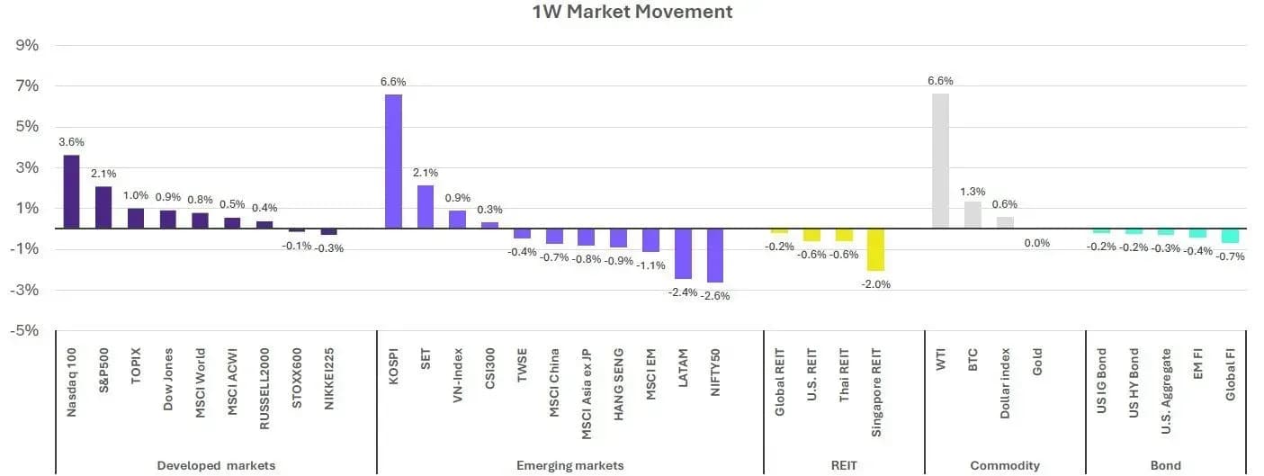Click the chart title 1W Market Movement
coord(632,12)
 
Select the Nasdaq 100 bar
coord(71,192)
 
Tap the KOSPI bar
coord(393,161)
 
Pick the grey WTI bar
coord(940,161)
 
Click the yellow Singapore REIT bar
coord(875,249)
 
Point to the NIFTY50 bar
coord(715,256)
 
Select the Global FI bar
coord(1230,236)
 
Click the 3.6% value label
coord(71,142)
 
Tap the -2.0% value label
coord(875,284)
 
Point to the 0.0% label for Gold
coord(1036,243)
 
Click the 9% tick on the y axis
coord(27,45)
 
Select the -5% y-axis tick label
coord(24,330)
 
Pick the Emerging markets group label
coord(570,466)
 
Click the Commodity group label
coord(1004,466)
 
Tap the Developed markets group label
coord(216,466)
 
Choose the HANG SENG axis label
coord(618,384)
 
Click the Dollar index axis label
coord(1004,383)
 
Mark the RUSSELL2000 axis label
coord(264,389)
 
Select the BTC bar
coord(973,215)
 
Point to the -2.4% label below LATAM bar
coord(683,292)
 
